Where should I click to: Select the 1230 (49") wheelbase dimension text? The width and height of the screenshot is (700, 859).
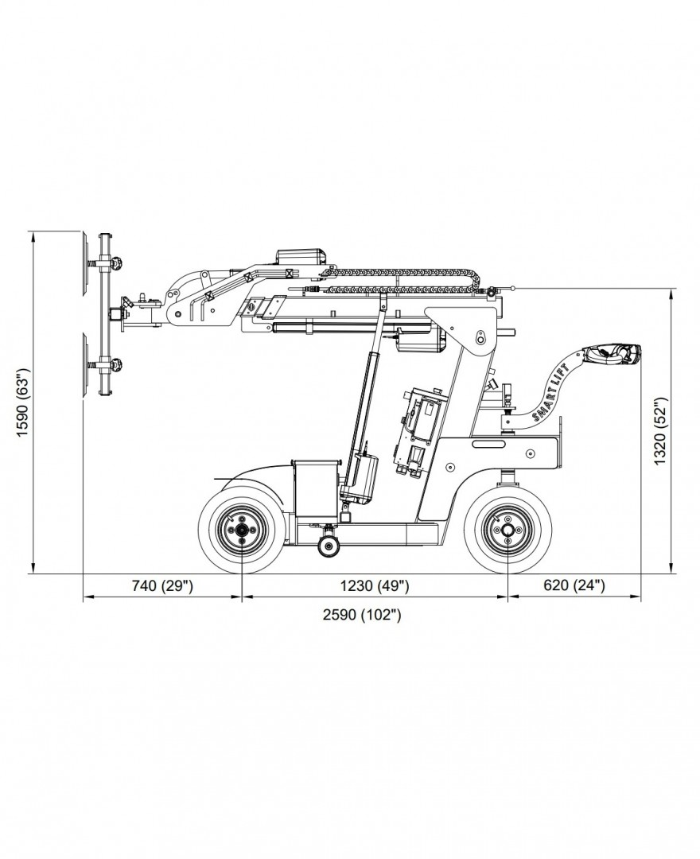pyautogui.click(x=374, y=586)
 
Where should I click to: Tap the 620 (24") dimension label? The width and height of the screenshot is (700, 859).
pyautogui.click(x=574, y=586)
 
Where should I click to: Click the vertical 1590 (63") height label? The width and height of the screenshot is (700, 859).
pyautogui.click(x=21, y=402)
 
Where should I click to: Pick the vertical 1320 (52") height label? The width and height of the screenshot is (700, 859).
pyautogui.click(x=659, y=429)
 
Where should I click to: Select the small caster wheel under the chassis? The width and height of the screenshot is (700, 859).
pyautogui.click(x=326, y=546)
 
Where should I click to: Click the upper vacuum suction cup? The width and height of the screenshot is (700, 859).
pyautogui.click(x=84, y=262)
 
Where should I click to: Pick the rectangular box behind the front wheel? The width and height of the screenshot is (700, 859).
pyautogui.click(x=316, y=487)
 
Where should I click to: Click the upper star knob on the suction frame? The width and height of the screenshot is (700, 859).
pyautogui.click(x=119, y=262)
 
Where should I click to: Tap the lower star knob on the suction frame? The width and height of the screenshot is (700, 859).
pyautogui.click(x=119, y=365)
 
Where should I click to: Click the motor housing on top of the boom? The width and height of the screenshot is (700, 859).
pyautogui.click(x=302, y=258)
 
